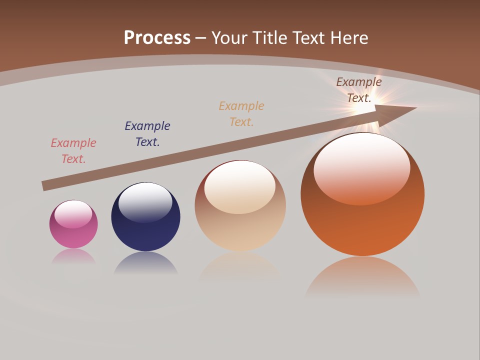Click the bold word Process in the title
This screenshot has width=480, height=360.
coord(157,37)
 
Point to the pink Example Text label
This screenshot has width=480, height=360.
coord(73,150)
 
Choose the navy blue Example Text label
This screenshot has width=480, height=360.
coord(147,133)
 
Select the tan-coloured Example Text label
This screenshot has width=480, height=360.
coord(241,113)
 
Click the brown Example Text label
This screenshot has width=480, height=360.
coord(359,89)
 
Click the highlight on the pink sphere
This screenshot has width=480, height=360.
coord(73,214)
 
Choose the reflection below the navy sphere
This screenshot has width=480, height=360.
coord(145,262)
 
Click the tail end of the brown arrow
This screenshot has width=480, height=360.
coord(45,185)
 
